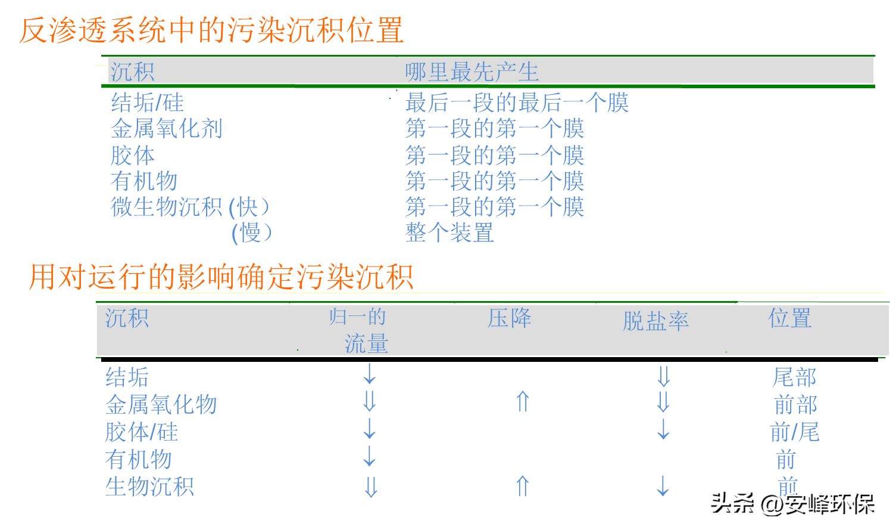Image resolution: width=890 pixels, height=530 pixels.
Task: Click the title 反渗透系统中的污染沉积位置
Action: coord(211,30)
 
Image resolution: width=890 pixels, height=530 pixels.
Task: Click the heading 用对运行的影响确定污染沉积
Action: coord(221,277)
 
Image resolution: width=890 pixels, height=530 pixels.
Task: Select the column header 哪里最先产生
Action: coord(471,72)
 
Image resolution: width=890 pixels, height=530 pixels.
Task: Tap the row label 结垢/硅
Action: coord(147,103)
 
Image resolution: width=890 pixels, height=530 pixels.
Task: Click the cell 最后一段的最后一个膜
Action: coord(517,103)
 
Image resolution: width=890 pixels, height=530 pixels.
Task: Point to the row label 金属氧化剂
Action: coord(166,129)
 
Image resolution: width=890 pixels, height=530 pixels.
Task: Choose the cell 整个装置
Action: coord(449,233)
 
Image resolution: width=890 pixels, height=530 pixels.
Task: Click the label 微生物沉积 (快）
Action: coord(191,207)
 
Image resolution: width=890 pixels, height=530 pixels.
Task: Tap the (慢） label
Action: coord(252,233)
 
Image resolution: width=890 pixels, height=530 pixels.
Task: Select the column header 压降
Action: coord(509,318)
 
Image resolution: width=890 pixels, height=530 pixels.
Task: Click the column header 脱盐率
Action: coord(655,321)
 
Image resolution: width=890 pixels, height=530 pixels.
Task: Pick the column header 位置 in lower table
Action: coord(789,318)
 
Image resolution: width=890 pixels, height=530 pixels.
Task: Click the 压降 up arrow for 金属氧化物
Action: coord(523,402)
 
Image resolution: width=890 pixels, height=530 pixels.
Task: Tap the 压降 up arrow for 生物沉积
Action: coord(523,486)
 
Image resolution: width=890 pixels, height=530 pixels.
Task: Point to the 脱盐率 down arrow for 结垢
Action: coord(664,376)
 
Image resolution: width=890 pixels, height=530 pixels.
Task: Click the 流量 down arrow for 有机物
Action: coord(370,457)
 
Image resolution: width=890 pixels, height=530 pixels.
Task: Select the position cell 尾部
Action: coord(794,377)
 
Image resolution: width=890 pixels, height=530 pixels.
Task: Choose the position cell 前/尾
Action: coord(794,432)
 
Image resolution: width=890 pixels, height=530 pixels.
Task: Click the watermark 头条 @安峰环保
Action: coord(791,503)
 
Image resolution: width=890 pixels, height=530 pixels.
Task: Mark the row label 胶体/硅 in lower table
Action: coord(142,432)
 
